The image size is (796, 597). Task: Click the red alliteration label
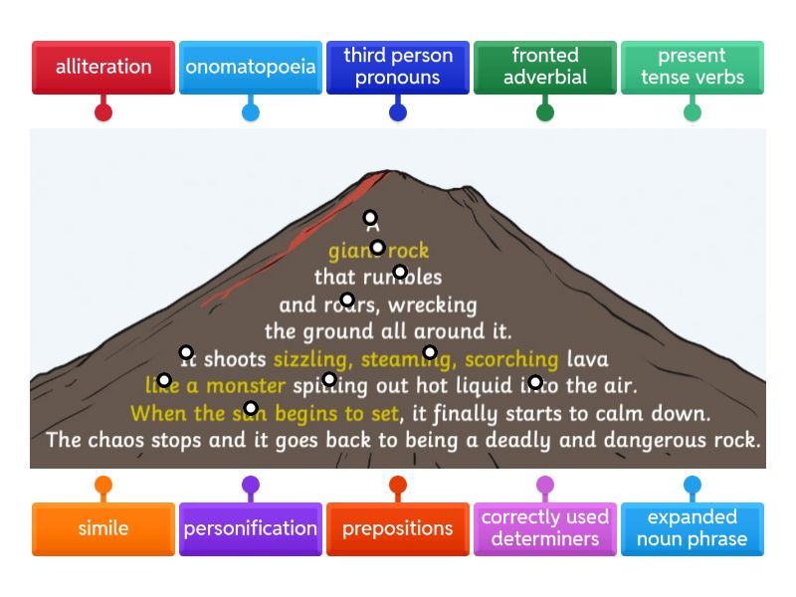click(x=103, y=67)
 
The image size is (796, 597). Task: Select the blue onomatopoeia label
click(x=251, y=67)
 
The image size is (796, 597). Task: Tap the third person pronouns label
click(x=398, y=67)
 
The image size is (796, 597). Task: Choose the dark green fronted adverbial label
click(x=545, y=67)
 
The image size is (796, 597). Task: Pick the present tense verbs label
click(x=693, y=67)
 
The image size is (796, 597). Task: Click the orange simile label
click(x=103, y=528)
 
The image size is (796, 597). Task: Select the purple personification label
click(x=251, y=528)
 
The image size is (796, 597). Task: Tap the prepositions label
click(x=398, y=528)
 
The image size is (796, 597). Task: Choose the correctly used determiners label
click(x=545, y=528)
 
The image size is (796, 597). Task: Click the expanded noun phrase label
click(x=693, y=528)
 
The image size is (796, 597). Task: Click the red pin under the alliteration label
click(x=103, y=111)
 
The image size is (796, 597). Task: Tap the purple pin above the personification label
click(x=251, y=487)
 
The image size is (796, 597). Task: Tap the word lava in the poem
click(x=587, y=358)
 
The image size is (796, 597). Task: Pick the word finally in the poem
click(x=471, y=413)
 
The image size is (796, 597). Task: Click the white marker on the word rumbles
click(x=400, y=272)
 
